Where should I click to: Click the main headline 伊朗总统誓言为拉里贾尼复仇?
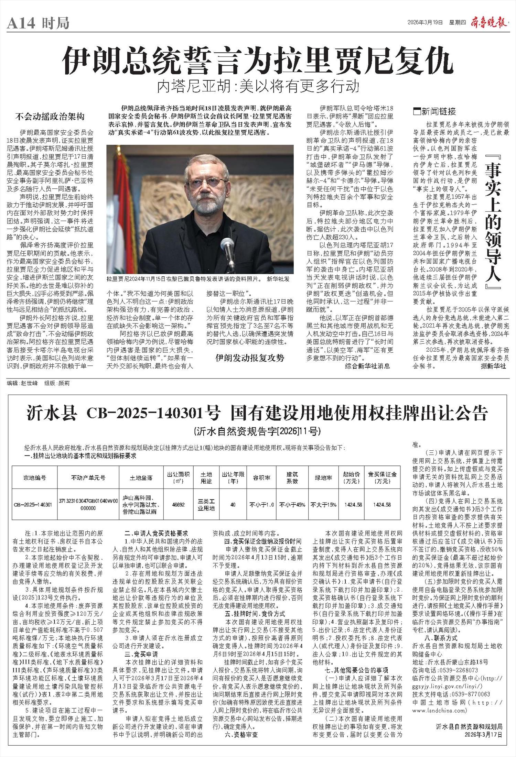(x=257, y=61)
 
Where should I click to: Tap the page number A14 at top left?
(x=21, y=23)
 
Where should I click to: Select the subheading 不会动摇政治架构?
(x=50, y=117)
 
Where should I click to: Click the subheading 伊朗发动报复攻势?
(x=250, y=358)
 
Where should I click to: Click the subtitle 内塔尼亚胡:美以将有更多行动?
(x=258, y=87)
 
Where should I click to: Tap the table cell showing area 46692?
(x=178, y=505)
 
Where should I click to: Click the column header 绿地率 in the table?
(x=323, y=478)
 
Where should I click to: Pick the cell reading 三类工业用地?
(x=206, y=505)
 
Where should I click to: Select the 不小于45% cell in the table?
(x=292, y=505)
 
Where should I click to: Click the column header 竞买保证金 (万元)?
(x=382, y=478)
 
